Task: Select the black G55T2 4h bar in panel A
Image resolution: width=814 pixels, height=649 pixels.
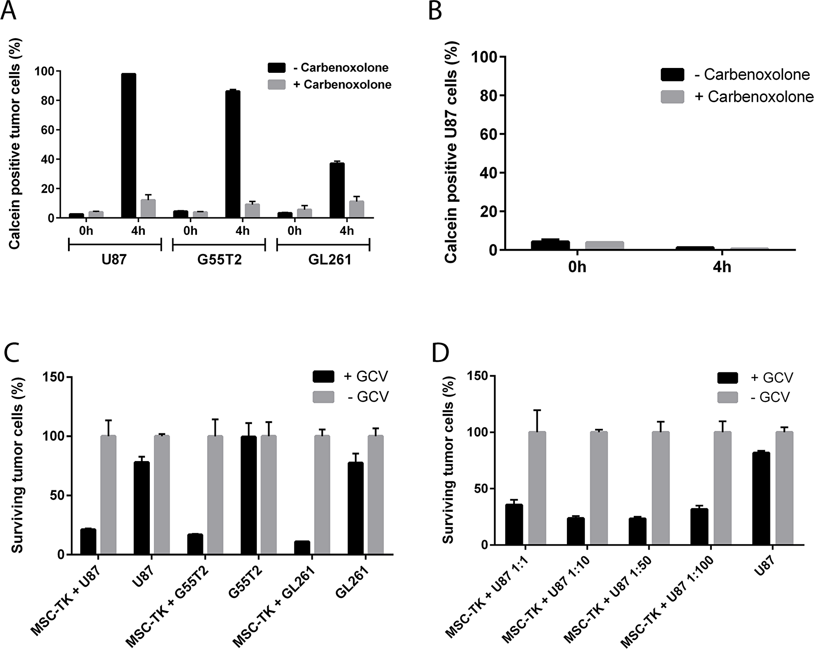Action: pyautogui.click(x=233, y=154)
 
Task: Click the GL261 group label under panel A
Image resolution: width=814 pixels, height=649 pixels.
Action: pyautogui.click(x=330, y=259)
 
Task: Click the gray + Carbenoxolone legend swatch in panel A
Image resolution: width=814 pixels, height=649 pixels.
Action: pyautogui.click(x=277, y=85)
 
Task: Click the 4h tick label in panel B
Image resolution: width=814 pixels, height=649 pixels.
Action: pyautogui.click(x=722, y=268)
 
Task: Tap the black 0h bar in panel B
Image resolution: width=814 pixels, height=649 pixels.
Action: pyautogui.click(x=550, y=245)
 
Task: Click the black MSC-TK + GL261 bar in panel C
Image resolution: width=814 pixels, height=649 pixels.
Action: pyautogui.click(x=302, y=548)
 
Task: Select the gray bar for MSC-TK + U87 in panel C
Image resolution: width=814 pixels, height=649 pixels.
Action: pyautogui.click(x=108, y=495)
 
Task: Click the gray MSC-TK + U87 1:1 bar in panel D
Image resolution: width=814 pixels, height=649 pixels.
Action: pyautogui.click(x=537, y=488)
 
